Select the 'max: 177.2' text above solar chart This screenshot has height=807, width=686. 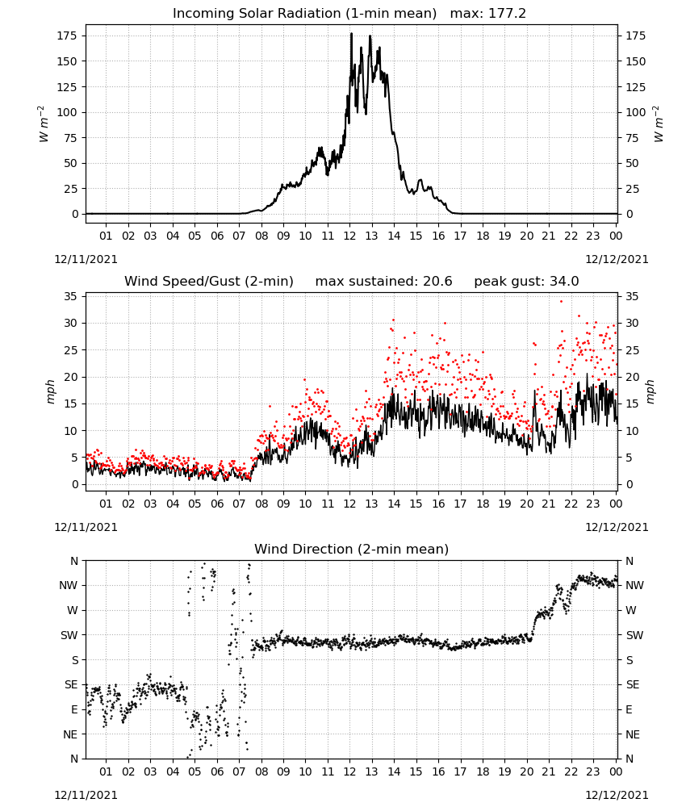[x=488, y=14]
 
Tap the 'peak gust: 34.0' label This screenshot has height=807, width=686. [x=526, y=282]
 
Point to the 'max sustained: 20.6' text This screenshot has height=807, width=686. [x=383, y=282]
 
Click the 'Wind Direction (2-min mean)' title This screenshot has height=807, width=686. [x=352, y=549]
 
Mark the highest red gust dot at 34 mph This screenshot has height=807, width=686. [x=561, y=302]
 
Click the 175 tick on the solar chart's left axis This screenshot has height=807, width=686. [x=67, y=36]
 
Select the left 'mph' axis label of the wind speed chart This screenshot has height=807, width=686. [x=50, y=391]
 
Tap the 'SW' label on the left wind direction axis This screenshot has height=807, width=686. [x=69, y=635]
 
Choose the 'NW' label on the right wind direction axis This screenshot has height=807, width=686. [x=634, y=585]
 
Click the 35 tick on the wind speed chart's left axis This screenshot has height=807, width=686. [x=71, y=296]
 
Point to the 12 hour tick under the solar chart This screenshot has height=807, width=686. [x=350, y=236]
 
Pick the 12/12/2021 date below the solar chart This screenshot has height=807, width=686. [x=617, y=259]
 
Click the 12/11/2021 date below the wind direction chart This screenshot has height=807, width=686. [x=86, y=795]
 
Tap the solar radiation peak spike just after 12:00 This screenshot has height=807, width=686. [x=352, y=34]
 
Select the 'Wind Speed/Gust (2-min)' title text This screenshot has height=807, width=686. [x=209, y=282]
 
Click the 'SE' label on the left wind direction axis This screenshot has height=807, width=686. [x=71, y=684]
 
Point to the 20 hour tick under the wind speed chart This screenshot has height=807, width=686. [x=527, y=504]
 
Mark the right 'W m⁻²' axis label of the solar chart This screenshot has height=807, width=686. [x=659, y=124]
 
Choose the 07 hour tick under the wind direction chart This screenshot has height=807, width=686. [x=239, y=771]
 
